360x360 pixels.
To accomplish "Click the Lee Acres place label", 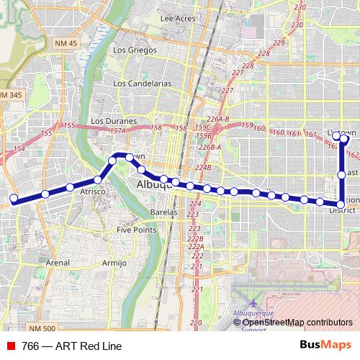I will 178,19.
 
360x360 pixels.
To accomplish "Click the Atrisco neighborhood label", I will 93,192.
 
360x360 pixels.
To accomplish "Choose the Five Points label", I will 137,230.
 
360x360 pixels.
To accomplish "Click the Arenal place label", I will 58,264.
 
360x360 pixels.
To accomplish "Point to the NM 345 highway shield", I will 10,95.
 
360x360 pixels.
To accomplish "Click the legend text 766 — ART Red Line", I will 67,346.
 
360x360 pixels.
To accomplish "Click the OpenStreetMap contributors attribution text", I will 297,322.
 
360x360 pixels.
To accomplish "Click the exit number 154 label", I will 19,148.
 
